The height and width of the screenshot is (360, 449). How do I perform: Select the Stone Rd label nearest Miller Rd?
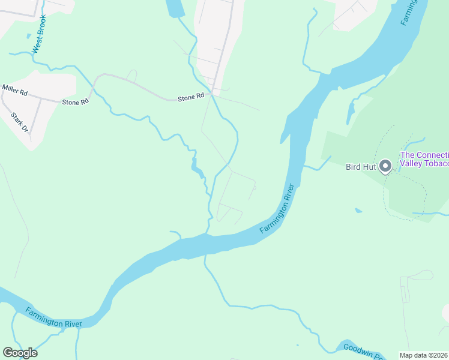tap(75, 102)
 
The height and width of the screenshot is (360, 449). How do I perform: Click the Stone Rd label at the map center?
tap(191, 97)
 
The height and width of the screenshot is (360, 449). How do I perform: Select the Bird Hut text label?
tap(361, 167)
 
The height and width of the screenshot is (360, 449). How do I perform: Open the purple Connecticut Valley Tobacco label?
tap(424, 160)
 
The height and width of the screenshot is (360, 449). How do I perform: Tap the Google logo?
tap(20, 353)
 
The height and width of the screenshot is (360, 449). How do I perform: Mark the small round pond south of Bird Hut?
tap(358, 211)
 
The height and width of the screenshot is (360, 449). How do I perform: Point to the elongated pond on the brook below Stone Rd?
tap(196, 168)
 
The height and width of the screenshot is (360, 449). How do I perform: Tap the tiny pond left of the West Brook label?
tap(28, 35)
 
